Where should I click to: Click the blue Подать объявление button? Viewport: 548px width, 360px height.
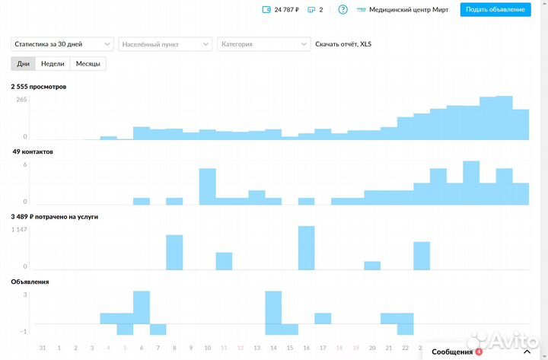point(495,10)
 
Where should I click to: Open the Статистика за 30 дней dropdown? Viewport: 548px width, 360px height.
point(62,44)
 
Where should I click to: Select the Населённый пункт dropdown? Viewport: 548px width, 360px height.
point(165,44)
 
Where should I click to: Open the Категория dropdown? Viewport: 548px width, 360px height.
point(263,44)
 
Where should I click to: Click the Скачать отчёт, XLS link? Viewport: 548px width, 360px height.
point(343,44)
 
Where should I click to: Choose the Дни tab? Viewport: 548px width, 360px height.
point(23,63)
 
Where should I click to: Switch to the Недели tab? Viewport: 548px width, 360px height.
point(53,63)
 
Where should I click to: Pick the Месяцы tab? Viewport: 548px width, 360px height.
point(88,63)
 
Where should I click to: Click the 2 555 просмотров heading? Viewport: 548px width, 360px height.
point(38,87)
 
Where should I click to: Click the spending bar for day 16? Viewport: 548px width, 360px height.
point(306,247)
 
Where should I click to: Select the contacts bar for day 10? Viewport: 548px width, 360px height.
point(207,186)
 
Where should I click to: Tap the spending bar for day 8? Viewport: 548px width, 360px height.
point(174,252)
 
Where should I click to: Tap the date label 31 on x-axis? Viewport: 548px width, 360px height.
point(43,348)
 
